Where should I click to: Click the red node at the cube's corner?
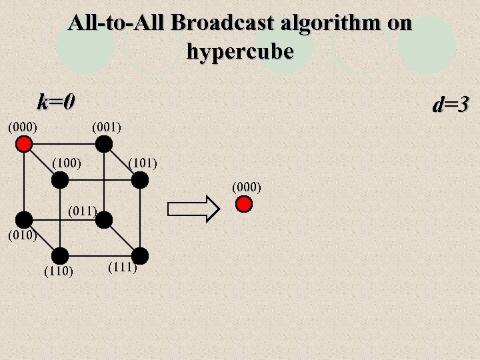pyautogui.click(x=25, y=144)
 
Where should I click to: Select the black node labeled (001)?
pyautogui.click(x=103, y=144)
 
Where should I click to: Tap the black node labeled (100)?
pyautogui.click(x=60, y=179)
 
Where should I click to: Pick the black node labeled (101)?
pyautogui.click(x=139, y=179)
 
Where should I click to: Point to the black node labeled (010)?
pyautogui.click(x=25, y=219)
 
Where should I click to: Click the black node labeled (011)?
pyautogui.click(x=103, y=219)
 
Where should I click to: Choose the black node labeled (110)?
pyautogui.click(x=60, y=255)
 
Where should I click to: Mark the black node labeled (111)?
pyautogui.click(x=139, y=255)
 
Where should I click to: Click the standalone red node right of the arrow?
pyautogui.click(x=245, y=204)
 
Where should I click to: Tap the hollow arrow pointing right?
pyautogui.click(x=193, y=209)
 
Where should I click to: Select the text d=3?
pyautogui.click(x=451, y=105)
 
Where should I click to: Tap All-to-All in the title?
pyautogui.click(x=117, y=23)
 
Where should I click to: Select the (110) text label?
pyautogui.click(x=58, y=271)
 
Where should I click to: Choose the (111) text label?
pyautogui.click(x=122, y=268)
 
